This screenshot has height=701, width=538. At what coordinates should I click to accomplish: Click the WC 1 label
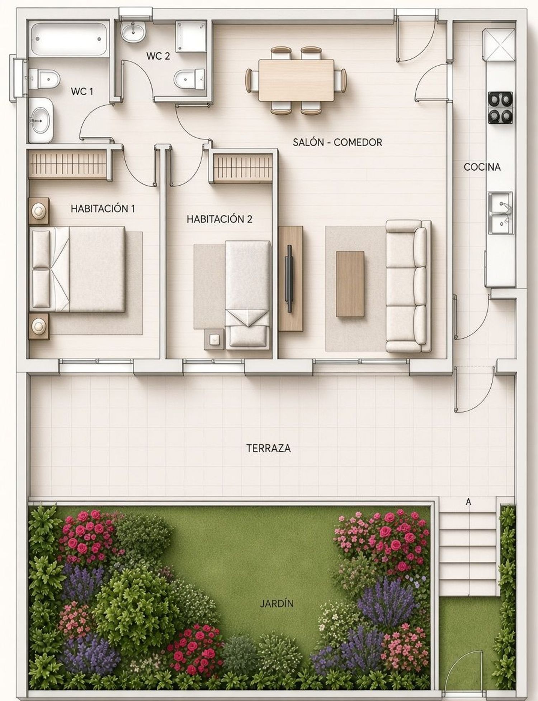point(82,91)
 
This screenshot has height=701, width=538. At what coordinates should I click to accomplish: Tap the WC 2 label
point(158,56)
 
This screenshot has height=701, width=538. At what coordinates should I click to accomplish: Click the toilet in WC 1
point(44,79)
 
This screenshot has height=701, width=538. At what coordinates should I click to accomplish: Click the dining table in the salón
point(296,81)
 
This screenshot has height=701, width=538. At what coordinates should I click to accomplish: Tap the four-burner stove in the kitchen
point(500,108)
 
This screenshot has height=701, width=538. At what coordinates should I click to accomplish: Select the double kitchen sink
point(501,213)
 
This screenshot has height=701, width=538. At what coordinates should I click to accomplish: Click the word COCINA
point(482,167)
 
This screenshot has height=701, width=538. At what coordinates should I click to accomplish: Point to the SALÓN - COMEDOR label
point(338,142)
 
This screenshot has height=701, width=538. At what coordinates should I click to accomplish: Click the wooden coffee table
point(350,284)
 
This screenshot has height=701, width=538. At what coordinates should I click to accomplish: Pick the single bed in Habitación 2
point(248,294)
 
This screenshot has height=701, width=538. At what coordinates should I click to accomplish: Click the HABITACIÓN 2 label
point(220,219)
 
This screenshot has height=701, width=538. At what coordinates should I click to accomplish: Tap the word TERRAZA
point(269,448)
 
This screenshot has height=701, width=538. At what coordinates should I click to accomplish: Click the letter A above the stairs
point(468,502)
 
